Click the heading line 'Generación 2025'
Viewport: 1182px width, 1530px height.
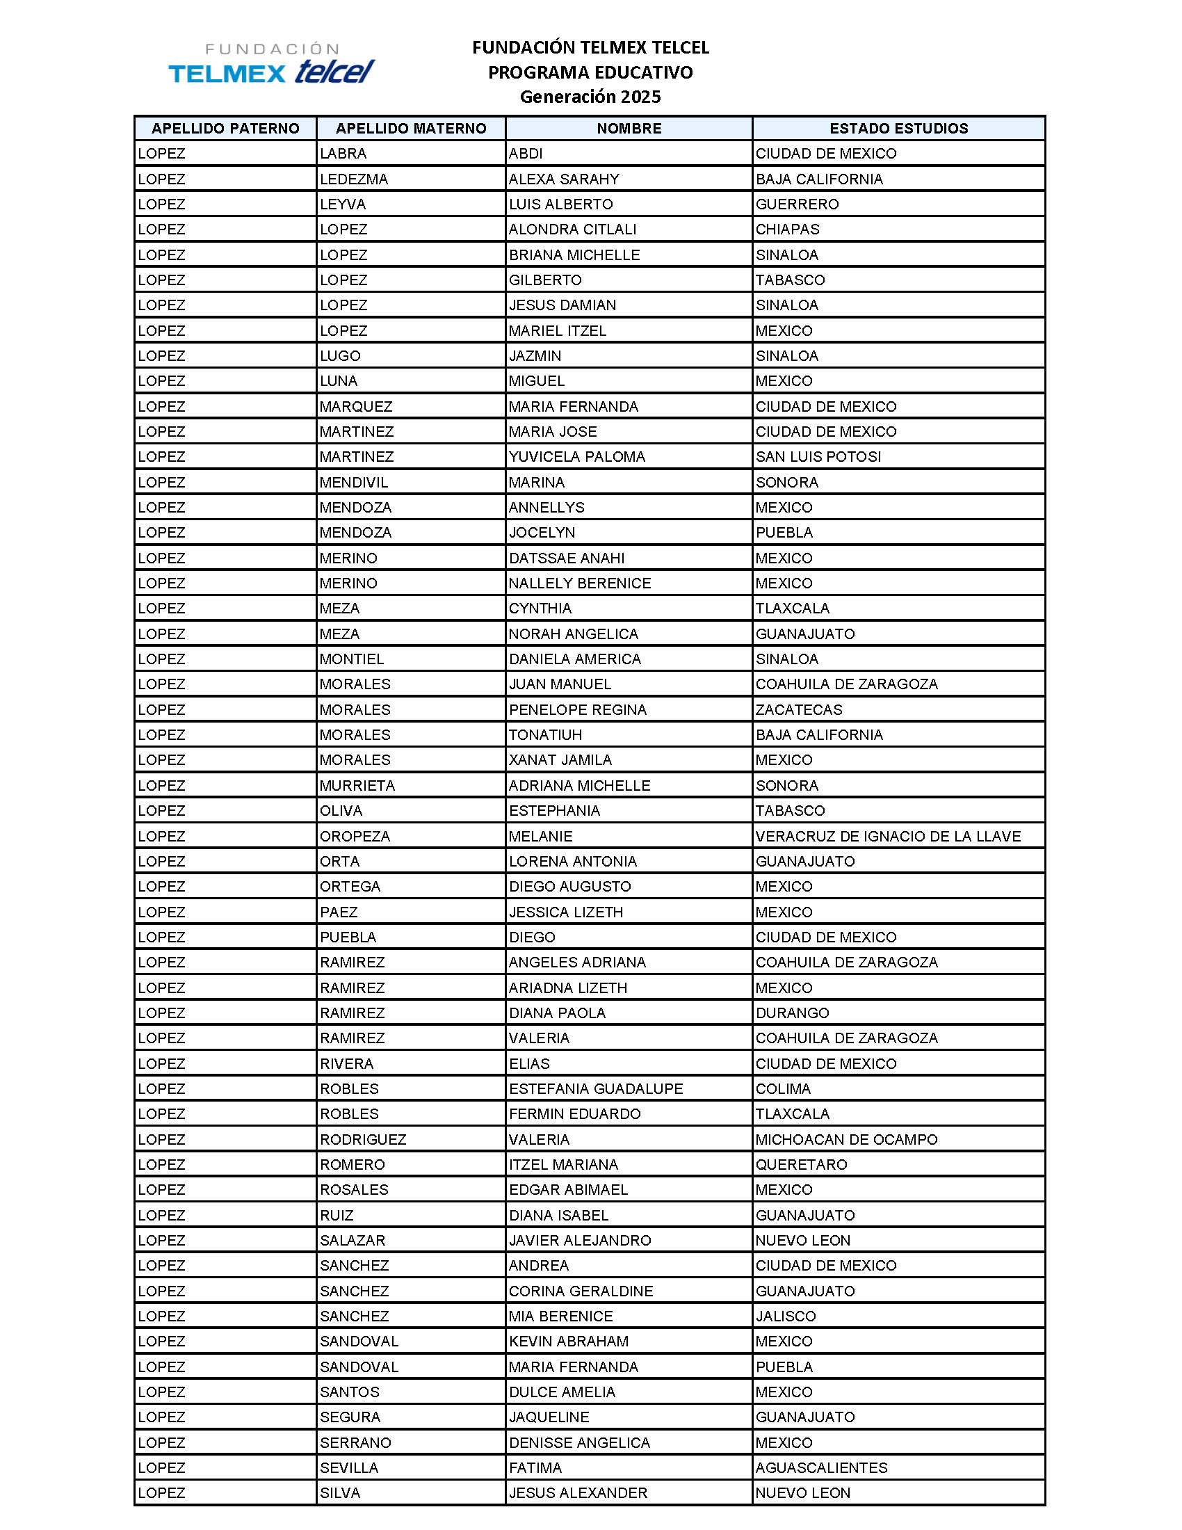click(x=590, y=97)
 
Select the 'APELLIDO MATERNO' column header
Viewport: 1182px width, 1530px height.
click(x=410, y=128)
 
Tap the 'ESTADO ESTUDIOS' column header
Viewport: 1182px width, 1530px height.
click(x=898, y=128)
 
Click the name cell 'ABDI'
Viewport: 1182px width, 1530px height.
click(x=526, y=154)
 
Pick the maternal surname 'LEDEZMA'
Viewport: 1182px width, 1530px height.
click(x=354, y=179)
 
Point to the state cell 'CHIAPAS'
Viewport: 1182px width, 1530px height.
click(x=787, y=229)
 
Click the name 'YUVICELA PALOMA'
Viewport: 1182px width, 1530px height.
click(x=577, y=457)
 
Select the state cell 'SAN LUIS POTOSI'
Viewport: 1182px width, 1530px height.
click(x=818, y=457)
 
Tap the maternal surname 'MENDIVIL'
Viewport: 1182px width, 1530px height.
click(x=354, y=483)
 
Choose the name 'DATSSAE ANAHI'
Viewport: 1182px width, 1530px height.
click(x=567, y=558)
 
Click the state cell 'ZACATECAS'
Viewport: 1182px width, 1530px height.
click(x=799, y=709)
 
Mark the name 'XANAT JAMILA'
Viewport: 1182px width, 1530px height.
click(x=560, y=760)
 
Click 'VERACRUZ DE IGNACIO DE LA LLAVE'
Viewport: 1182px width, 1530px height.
click(x=888, y=837)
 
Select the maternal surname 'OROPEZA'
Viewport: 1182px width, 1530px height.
click(x=355, y=837)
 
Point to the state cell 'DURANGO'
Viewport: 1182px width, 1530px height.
click(x=792, y=1013)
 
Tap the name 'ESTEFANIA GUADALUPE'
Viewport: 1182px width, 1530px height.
click(x=596, y=1088)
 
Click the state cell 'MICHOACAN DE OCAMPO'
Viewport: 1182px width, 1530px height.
click(x=846, y=1140)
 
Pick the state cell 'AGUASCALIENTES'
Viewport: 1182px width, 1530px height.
click(x=821, y=1467)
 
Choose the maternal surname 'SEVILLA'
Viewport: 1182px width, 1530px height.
click(x=349, y=1467)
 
